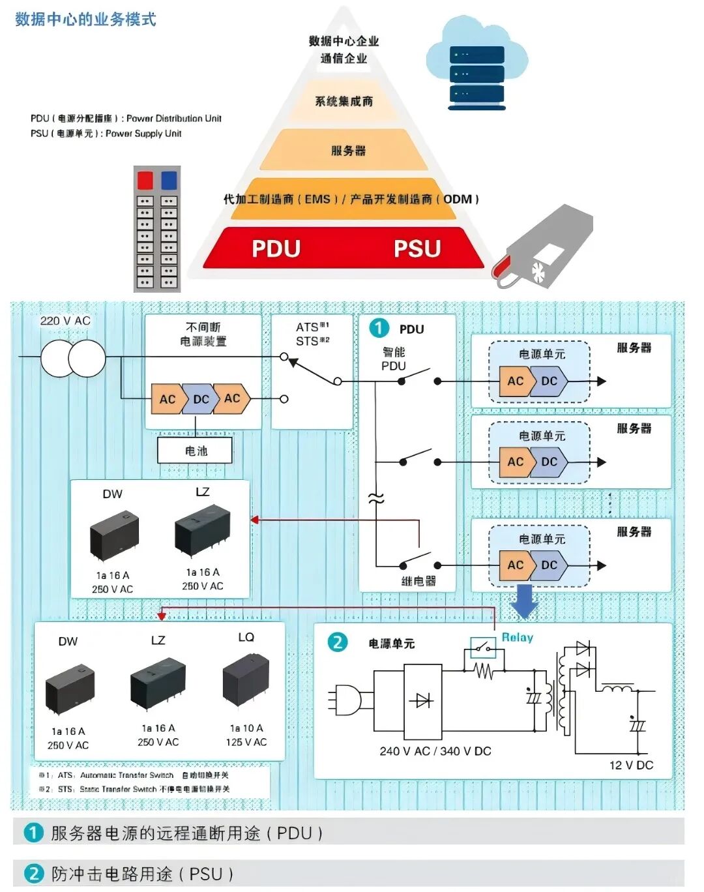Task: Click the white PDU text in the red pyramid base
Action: pyautogui.click(x=276, y=248)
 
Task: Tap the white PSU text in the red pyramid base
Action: pyautogui.click(x=417, y=248)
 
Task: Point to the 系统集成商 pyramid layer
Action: pyautogui.click(x=344, y=101)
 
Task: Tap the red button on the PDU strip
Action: pyautogui.click(x=145, y=180)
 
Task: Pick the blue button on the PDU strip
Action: pyautogui.click(x=169, y=180)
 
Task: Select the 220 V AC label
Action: pyautogui.click(x=65, y=321)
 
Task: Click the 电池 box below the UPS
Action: pyautogui.click(x=196, y=451)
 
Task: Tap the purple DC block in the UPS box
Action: pyautogui.click(x=201, y=399)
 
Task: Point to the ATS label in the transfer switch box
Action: pyautogui.click(x=308, y=327)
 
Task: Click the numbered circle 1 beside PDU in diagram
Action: pyautogui.click(x=379, y=328)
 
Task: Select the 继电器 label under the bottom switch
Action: pyautogui.click(x=418, y=581)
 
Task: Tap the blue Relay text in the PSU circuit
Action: pyautogui.click(x=518, y=638)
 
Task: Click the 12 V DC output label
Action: pyautogui.click(x=630, y=766)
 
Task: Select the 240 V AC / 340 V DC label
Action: pyautogui.click(x=435, y=751)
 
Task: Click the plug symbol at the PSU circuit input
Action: pyautogui.click(x=345, y=701)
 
